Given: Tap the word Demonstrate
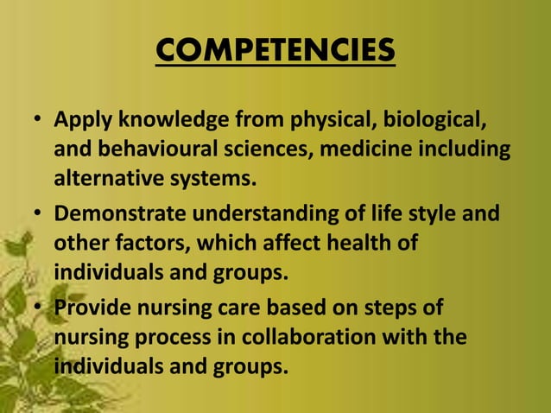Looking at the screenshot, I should click(x=117, y=212).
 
